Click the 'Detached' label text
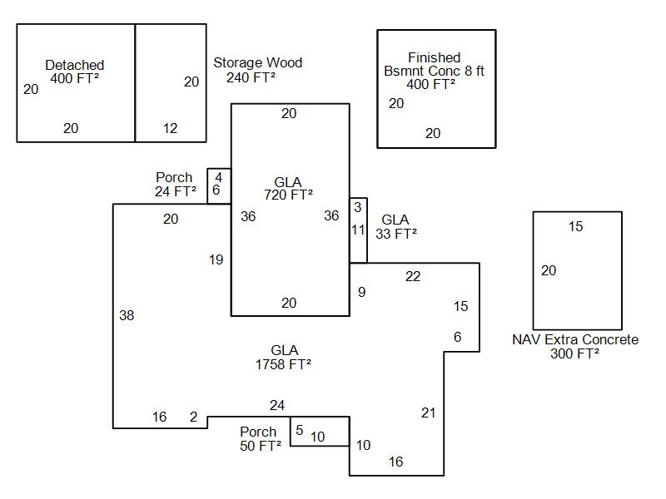coord(75,65)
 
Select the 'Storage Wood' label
coord(257,63)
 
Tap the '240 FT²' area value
coord(251,77)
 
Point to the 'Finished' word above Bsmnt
coord(434,57)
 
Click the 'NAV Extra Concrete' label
coord(575,339)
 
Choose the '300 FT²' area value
coord(574,353)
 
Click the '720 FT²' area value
coord(288,195)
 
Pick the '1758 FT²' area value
coord(284,364)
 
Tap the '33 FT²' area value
coord(395,234)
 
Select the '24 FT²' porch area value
coord(176,191)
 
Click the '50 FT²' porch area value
coord(260,446)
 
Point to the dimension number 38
coord(127,315)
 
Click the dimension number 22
coord(413,276)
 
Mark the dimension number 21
coord(428,413)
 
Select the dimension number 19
coord(216,260)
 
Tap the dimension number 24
coord(277,405)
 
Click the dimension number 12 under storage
coord(170,128)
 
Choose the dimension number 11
coord(358,230)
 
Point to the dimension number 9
coord(361,292)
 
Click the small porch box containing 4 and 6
coord(219,184)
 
